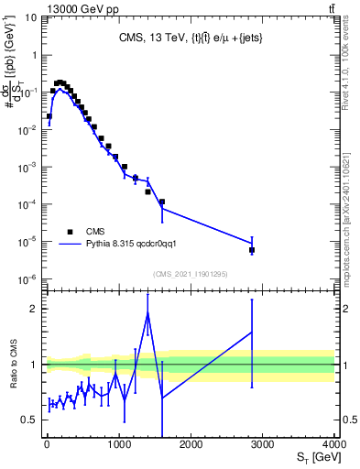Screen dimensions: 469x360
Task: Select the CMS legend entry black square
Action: point(70,232)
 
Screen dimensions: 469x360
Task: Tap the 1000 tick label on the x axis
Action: point(118,444)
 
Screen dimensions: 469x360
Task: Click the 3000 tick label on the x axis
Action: point(262,444)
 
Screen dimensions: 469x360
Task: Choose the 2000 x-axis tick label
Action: point(191,444)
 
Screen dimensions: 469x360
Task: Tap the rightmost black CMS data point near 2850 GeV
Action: point(252,250)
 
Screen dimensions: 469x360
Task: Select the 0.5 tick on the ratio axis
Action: point(30,420)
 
